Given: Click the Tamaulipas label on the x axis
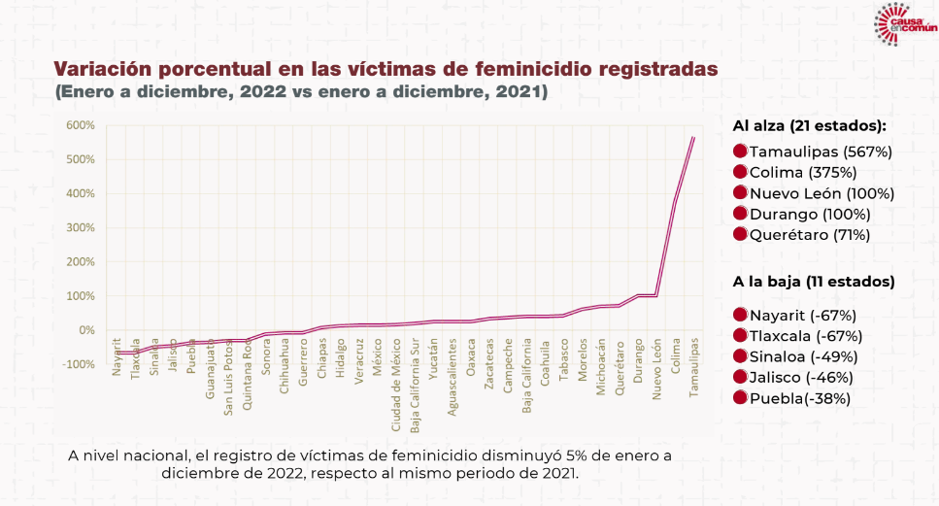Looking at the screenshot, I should click(x=693, y=364).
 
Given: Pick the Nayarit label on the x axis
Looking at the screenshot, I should click(x=117, y=355).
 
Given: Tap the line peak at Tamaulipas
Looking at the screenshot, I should click(x=693, y=137).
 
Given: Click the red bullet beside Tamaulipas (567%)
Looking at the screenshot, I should click(x=740, y=152).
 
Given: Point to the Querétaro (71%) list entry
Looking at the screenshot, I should click(x=809, y=235).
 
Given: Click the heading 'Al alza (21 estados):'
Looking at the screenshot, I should click(x=810, y=126).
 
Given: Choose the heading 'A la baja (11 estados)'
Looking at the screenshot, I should click(x=813, y=283).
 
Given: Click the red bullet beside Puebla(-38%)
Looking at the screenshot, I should click(x=740, y=398).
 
